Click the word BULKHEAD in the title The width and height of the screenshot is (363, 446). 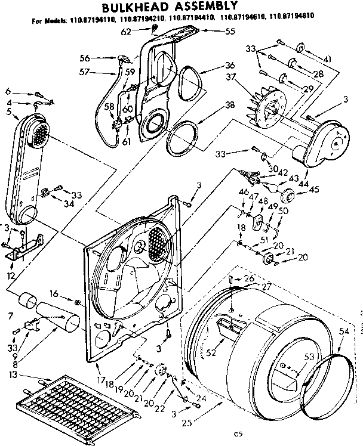(x=146, y=8)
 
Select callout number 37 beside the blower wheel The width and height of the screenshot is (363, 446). (x=230, y=76)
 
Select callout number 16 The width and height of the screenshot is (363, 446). (x=54, y=294)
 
